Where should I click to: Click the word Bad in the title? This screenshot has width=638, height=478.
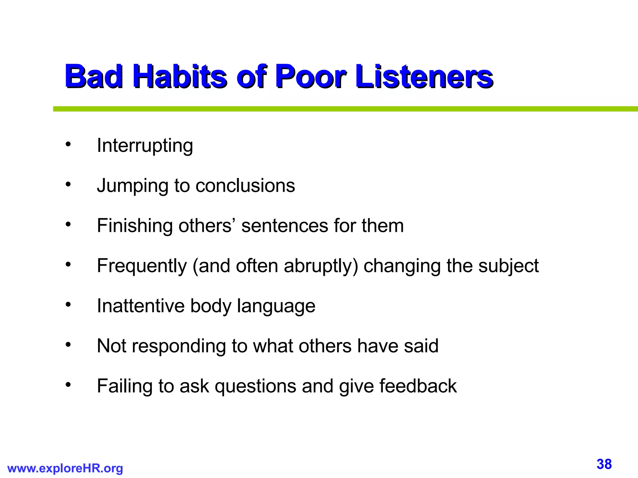tap(93, 76)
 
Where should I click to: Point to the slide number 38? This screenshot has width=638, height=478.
tap(604, 464)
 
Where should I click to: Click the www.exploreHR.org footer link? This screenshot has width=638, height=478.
tap(65, 468)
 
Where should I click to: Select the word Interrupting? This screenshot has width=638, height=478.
tap(145, 146)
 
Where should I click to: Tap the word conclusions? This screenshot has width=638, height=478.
tap(245, 186)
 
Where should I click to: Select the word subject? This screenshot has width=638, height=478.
tap(508, 266)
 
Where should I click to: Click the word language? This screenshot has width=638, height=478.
tap(276, 307)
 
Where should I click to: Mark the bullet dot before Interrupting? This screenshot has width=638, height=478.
tap(68, 145)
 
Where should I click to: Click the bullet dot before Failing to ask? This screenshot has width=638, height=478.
tap(68, 385)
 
